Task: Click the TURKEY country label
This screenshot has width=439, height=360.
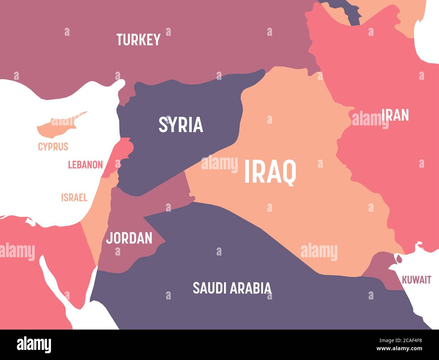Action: [x=138, y=40]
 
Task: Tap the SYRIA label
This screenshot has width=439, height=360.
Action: [x=181, y=124]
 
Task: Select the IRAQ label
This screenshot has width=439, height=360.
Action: [x=270, y=172]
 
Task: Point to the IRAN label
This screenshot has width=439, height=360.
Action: [x=395, y=115]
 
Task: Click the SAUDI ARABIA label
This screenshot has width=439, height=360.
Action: [x=232, y=288]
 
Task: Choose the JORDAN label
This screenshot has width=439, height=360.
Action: [x=129, y=238]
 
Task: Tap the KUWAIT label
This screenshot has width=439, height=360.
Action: [x=416, y=280]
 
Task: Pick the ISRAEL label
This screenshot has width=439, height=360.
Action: [x=74, y=197]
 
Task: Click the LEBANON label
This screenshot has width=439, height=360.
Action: [x=85, y=165]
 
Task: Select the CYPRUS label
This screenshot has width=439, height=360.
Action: [x=53, y=147]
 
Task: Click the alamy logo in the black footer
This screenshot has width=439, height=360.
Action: [x=34, y=344]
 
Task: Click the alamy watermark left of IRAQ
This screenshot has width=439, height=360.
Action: [x=219, y=164]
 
